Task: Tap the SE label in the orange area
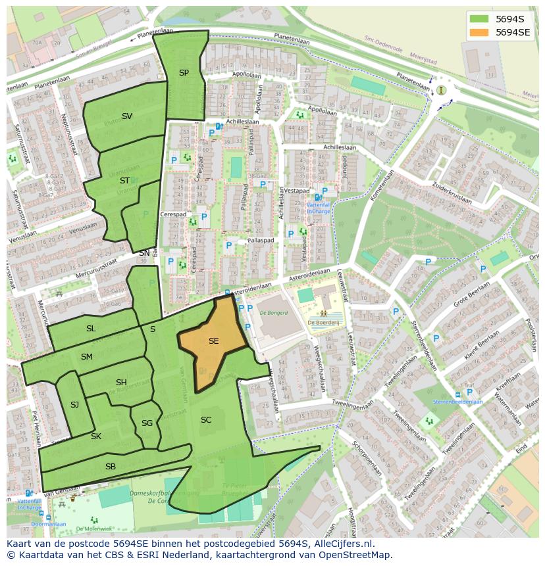click(213, 341)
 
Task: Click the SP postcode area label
click(184, 73)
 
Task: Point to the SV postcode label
click(127, 116)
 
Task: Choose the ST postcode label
click(124, 180)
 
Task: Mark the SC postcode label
click(206, 419)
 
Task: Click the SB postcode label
click(111, 466)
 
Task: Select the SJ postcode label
click(74, 405)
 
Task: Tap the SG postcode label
click(147, 423)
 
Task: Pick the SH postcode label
click(121, 383)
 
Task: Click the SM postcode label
click(87, 357)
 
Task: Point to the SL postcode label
click(91, 328)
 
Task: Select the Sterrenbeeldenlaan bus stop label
click(457, 402)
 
